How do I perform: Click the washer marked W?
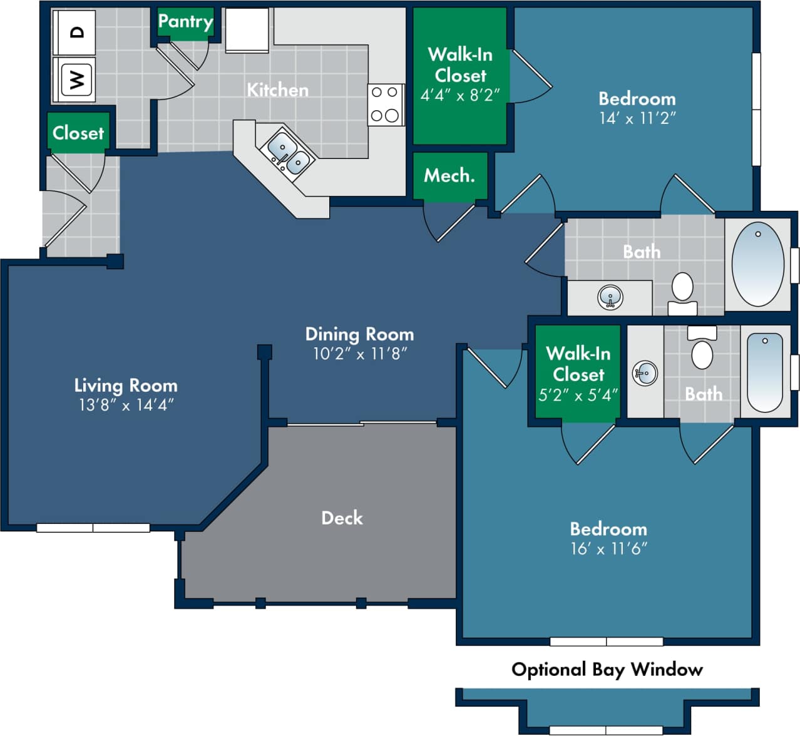[76, 79]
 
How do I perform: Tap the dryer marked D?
[76, 32]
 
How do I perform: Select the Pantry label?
[185, 22]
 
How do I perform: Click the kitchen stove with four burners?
[385, 105]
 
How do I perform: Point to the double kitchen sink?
[288, 154]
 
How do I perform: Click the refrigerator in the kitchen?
[247, 29]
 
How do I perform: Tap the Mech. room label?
[449, 176]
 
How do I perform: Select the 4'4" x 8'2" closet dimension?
[460, 95]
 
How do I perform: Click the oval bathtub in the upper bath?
[757, 263]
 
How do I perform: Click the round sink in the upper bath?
[610, 297]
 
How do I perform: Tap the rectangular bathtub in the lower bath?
[764, 372]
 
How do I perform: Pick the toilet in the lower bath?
[702, 350]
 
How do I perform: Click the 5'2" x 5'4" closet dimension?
[578, 396]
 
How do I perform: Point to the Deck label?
[342, 518]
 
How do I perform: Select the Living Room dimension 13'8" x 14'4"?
[126, 405]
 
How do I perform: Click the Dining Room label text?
[359, 334]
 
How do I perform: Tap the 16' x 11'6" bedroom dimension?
[608, 549]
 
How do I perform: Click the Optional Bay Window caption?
[607, 670]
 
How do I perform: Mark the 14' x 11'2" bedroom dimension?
[637, 118]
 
